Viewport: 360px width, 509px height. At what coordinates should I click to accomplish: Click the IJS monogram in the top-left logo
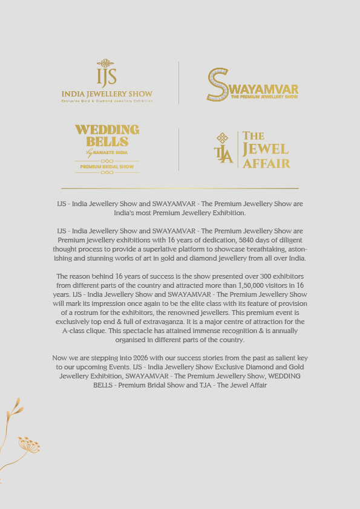[106, 74]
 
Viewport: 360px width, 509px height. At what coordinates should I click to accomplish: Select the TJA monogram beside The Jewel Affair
[223, 148]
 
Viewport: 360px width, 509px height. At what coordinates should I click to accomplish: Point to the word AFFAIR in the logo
[267, 163]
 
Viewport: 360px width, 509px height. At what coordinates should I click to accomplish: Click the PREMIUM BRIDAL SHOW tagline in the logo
[107, 166]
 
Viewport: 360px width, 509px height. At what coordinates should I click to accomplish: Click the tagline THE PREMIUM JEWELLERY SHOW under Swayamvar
[264, 97]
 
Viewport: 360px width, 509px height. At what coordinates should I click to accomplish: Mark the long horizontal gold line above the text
[180, 188]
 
